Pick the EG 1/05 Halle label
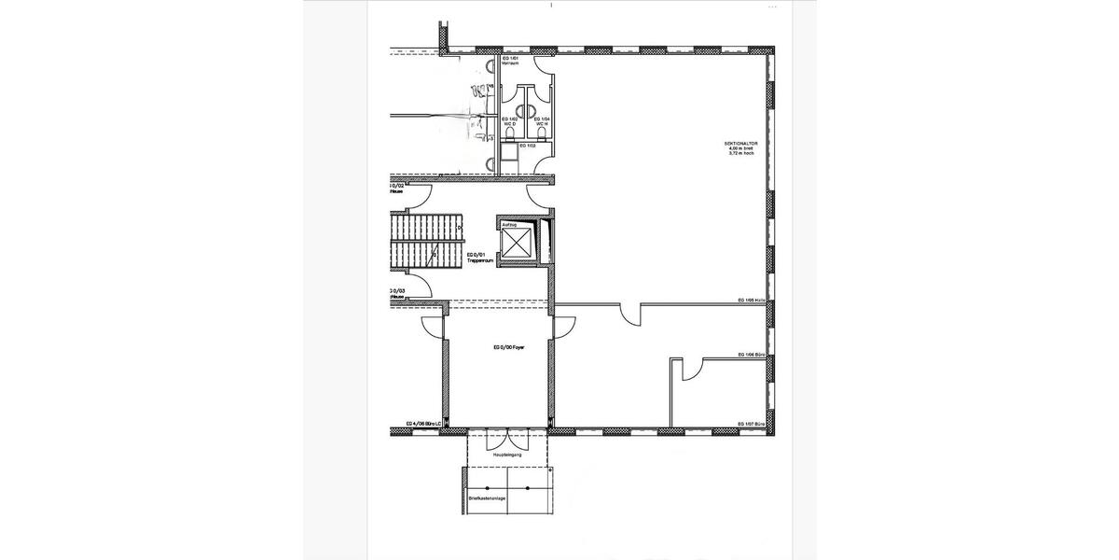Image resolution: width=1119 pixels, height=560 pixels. [x=751, y=301]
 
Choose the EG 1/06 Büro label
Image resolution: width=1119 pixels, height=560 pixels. [x=751, y=356]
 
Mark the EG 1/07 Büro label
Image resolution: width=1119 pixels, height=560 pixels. [x=751, y=425]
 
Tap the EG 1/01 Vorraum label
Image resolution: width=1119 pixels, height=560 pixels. [x=510, y=62]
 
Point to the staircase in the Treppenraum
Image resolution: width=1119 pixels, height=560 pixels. [x=425, y=239]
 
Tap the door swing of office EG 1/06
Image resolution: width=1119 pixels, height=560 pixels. [x=690, y=371]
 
